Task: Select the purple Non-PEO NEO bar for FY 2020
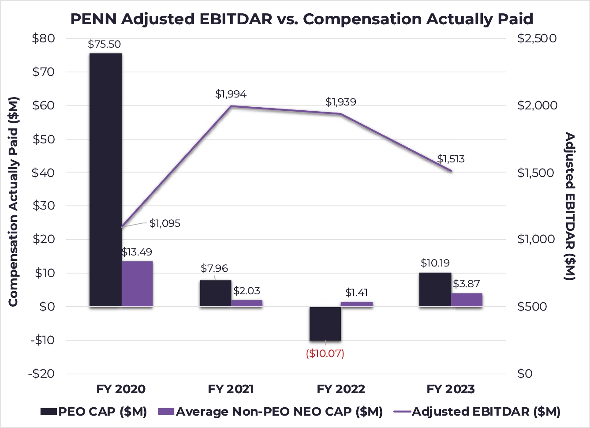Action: coord(137,284)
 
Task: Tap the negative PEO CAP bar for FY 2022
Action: coord(325,323)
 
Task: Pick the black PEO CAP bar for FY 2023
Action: coord(435,289)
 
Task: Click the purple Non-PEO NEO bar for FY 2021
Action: coord(246,303)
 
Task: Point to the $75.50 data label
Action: coord(104,44)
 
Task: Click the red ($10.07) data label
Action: coord(325,353)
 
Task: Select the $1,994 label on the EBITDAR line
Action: coord(231,94)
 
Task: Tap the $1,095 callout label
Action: coord(165,223)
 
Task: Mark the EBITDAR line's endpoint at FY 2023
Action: coord(451,171)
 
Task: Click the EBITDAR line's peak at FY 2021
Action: coord(231,106)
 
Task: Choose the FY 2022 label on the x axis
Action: coord(341,389)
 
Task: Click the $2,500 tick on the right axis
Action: coord(537,38)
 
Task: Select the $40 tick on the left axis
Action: coord(43,173)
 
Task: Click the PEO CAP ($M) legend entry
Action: coord(94,412)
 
